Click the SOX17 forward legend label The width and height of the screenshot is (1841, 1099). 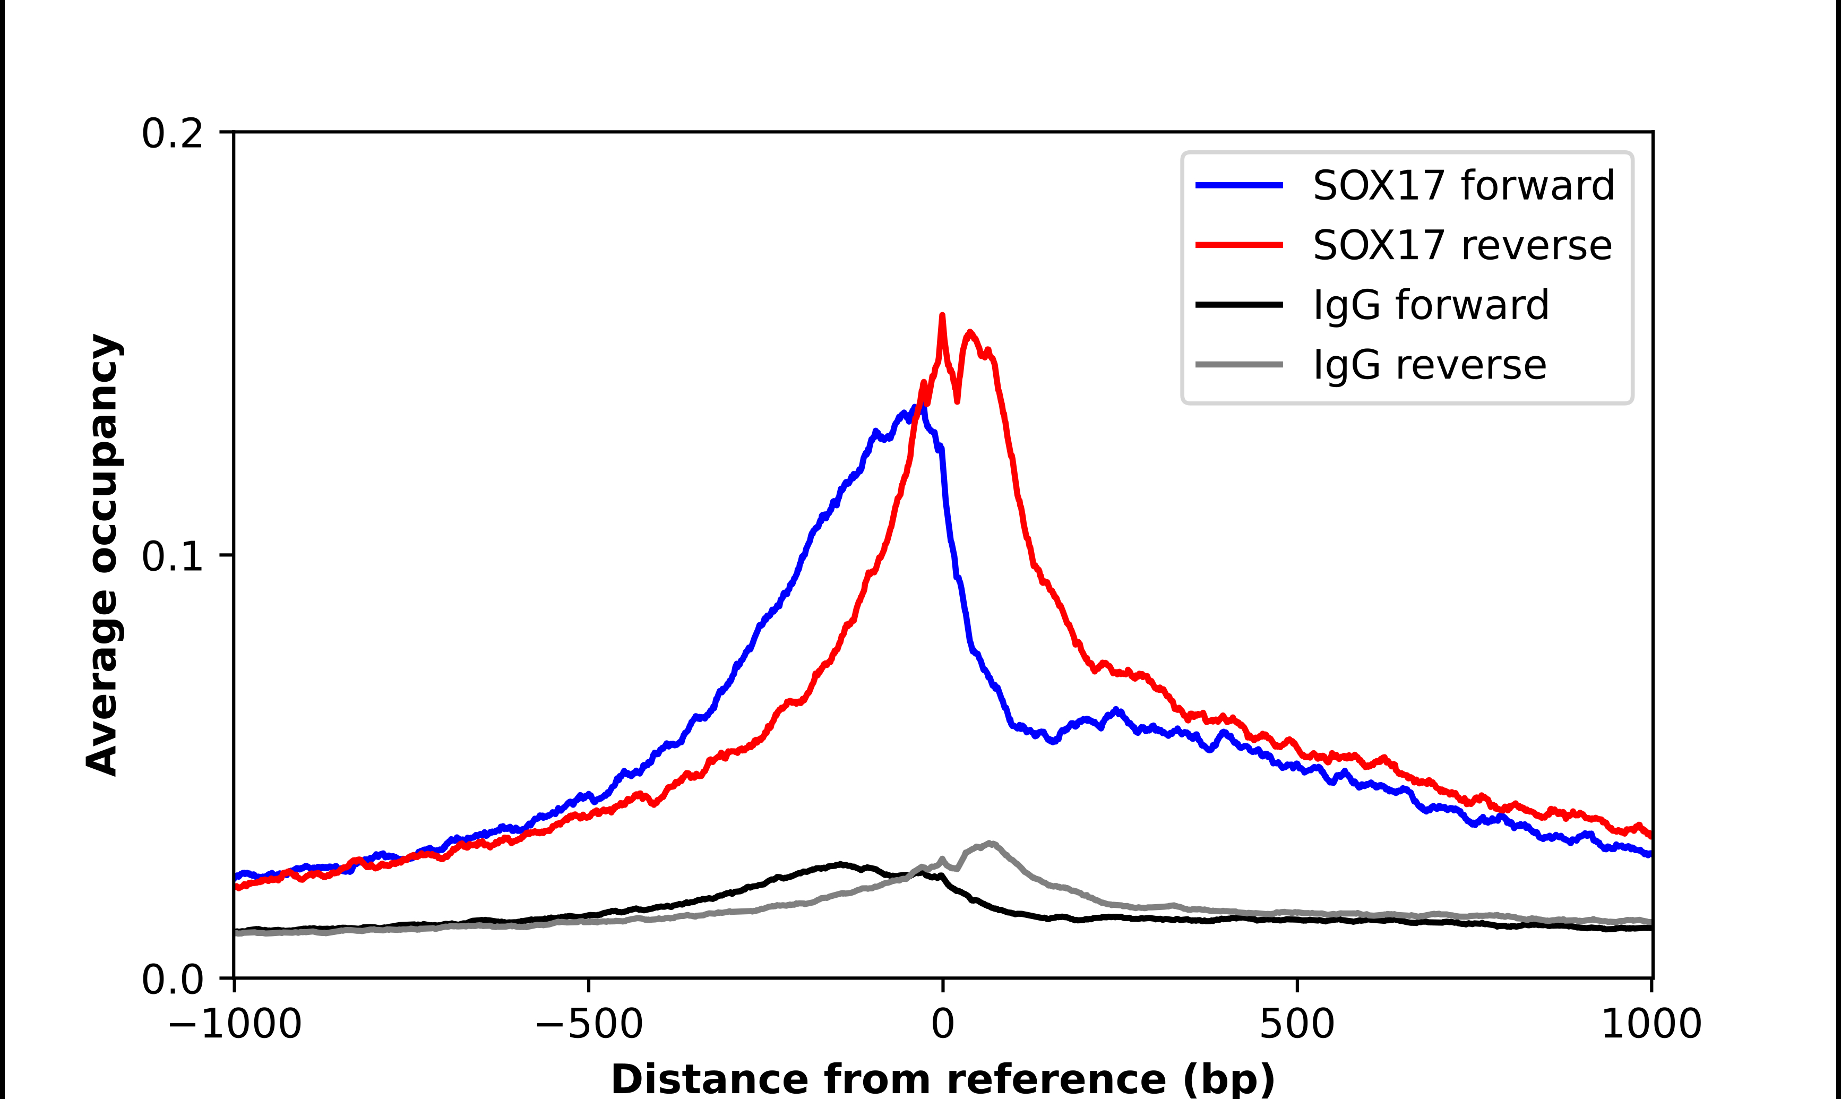[x=1463, y=185]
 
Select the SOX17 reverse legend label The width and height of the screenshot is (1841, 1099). [x=1462, y=245]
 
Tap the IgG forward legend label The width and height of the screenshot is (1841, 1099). [x=1430, y=305]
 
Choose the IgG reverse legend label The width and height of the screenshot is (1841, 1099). [x=1430, y=365]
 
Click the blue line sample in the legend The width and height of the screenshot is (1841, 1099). [x=1238, y=185]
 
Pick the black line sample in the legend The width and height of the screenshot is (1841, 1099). [x=1238, y=304]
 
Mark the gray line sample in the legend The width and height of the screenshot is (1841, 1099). [x=1238, y=364]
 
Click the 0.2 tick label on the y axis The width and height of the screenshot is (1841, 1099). [x=172, y=134]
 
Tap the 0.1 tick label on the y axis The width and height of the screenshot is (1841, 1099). [x=172, y=556]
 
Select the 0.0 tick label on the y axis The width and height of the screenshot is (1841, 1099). [x=172, y=980]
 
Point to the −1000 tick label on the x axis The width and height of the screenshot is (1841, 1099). [x=235, y=1024]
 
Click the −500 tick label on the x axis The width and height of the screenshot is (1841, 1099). [x=589, y=1024]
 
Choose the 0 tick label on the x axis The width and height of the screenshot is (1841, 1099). [x=942, y=1024]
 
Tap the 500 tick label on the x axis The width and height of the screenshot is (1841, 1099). [x=1297, y=1024]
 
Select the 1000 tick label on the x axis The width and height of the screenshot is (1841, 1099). [x=1651, y=1024]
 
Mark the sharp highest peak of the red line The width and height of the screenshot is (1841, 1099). [x=942, y=316]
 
